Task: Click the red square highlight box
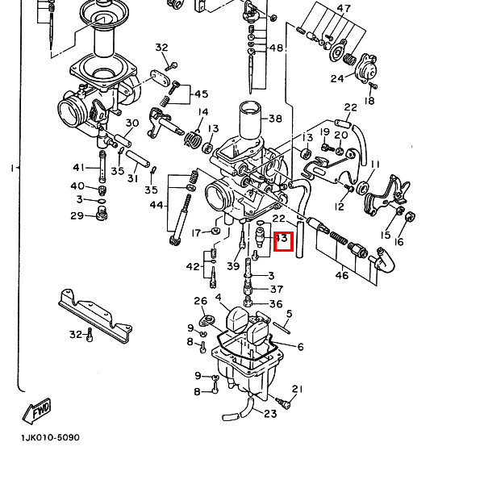point(282,240)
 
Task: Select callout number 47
point(344,9)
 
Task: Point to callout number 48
point(276,48)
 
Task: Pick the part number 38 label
point(275,119)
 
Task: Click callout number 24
point(336,78)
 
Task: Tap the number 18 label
point(369,101)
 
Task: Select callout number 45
point(201,94)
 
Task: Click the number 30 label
point(132,123)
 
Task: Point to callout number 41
point(78,167)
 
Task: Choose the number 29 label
point(77,215)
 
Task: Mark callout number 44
point(156,205)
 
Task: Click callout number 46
point(342,276)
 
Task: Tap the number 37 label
point(276,289)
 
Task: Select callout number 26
point(200,301)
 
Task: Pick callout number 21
point(296,389)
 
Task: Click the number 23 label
point(269,415)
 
